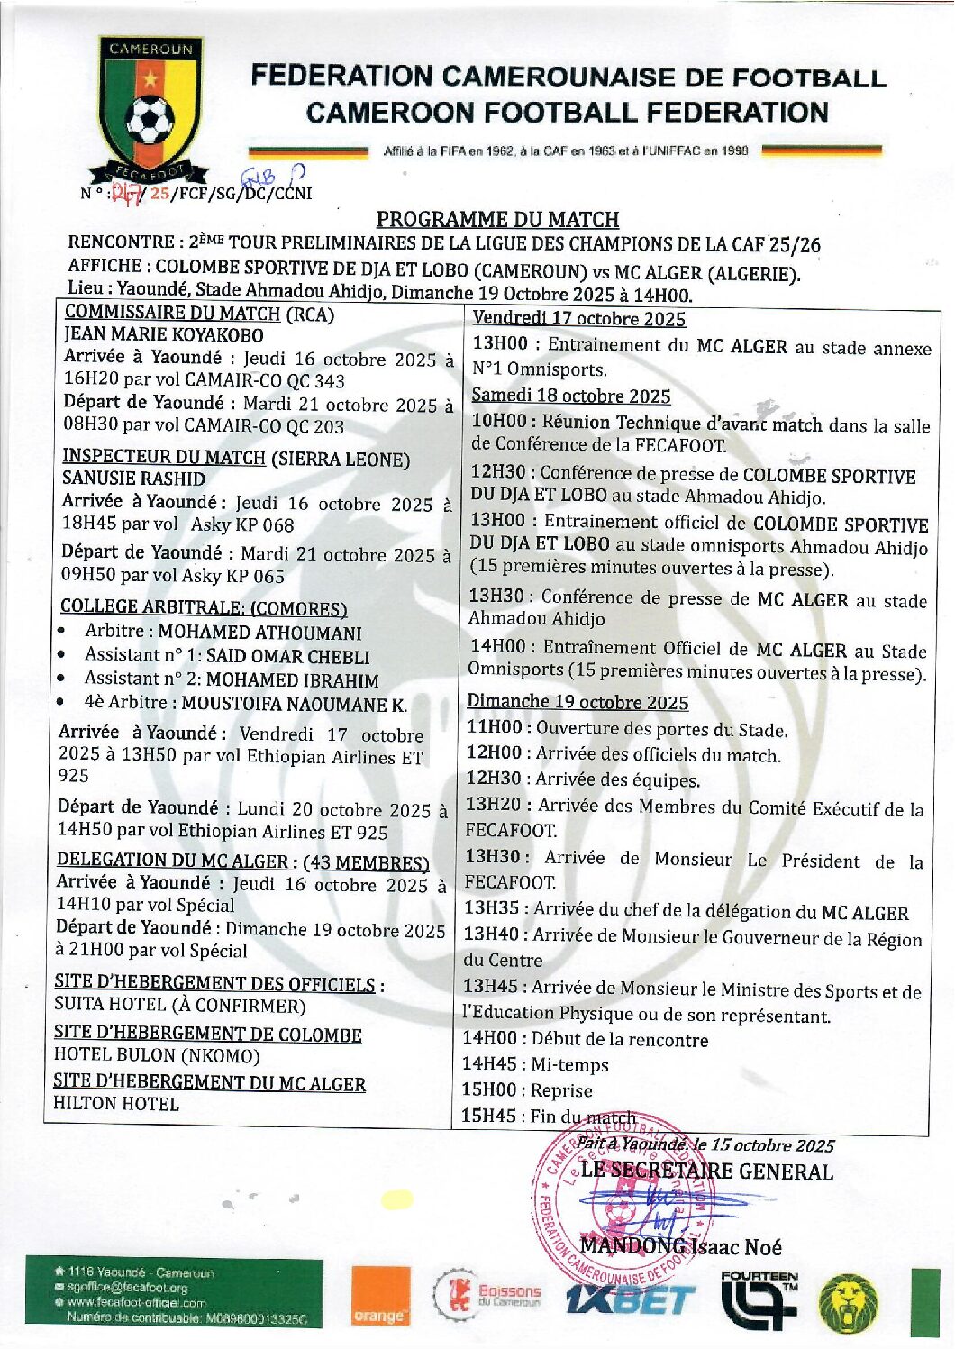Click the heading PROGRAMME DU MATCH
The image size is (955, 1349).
point(497,219)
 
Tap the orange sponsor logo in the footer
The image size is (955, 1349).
point(380,1297)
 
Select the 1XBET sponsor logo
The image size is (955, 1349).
point(631,1299)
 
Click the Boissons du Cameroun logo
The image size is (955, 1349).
point(488,1295)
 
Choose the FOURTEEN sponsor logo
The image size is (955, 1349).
point(759,1298)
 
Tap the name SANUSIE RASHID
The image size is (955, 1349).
point(133,479)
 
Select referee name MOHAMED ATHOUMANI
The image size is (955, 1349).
point(259,633)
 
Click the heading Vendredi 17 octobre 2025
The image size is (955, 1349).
point(578,318)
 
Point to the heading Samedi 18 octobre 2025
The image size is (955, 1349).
point(571,396)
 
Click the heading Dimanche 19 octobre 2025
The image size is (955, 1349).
point(578,702)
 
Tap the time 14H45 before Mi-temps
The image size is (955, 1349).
point(489,1065)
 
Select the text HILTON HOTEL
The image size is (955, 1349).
point(116,1103)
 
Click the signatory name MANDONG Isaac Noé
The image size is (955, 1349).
point(680,1247)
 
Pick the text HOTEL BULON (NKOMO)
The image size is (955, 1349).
point(157,1055)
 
